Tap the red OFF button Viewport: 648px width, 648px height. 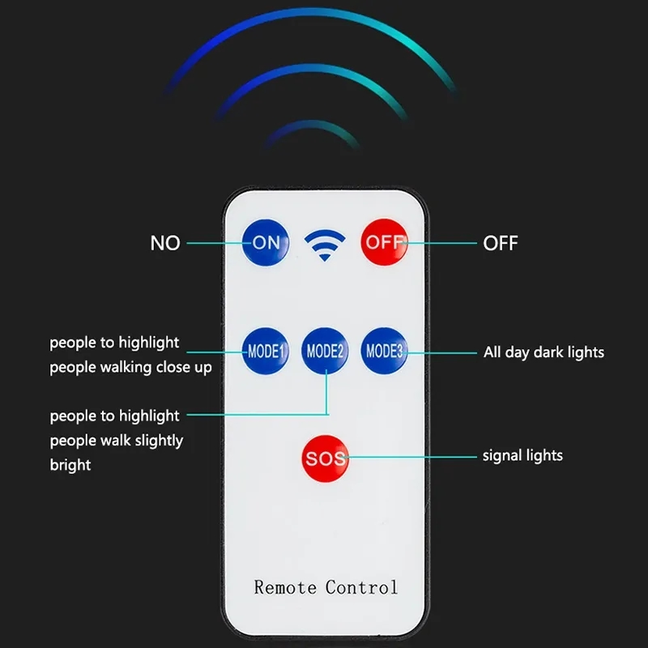click(384, 242)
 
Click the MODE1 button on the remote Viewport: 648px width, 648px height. click(266, 351)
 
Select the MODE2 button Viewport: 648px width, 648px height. click(325, 351)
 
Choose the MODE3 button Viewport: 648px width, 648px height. click(384, 351)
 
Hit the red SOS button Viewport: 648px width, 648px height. click(326, 458)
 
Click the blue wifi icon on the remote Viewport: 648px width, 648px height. click(325, 245)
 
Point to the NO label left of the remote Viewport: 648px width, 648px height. click(165, 243)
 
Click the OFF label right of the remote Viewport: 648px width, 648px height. click(501, 243)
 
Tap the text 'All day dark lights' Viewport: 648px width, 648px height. click(544, 352)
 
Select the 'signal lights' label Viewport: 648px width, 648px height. click(522, 455)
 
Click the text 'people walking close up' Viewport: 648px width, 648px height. click(130, 368)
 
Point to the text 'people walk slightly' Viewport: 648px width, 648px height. click(117, 441)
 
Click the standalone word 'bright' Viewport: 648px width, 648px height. click(70, 465)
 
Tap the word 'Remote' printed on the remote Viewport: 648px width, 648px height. click(285, 587)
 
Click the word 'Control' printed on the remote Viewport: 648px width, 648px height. click(361, 587)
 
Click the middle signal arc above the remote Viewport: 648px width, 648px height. click(312, 68)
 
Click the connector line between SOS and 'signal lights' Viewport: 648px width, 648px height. click(411, 457)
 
